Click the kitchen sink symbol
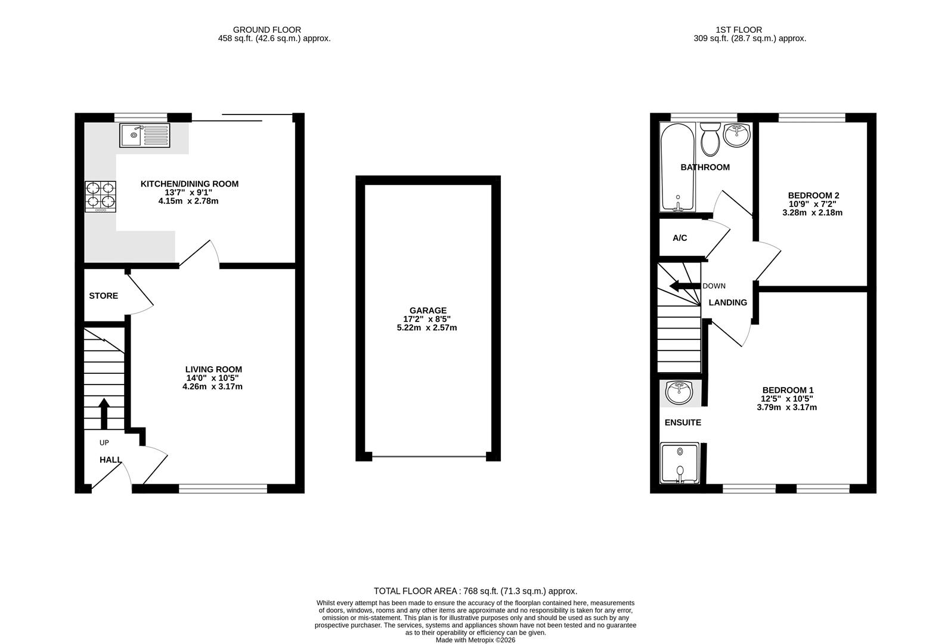[145, 135]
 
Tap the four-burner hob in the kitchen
[100, 196]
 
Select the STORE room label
[104, 296]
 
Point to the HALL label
[110, 460]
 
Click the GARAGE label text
[428, 311]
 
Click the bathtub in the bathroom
[677, 167]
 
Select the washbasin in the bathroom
[737, 135]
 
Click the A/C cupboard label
[680, 238]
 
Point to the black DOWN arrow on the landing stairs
[684, 286]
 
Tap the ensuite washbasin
[680, 392]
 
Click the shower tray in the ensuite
[680, 463]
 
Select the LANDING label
[727, 303]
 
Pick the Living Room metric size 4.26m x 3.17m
[212, 386]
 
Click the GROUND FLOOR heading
[267, 30]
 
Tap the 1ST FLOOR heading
[739, 30]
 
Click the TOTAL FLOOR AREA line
[475, 592]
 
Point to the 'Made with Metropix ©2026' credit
[475, 640]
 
